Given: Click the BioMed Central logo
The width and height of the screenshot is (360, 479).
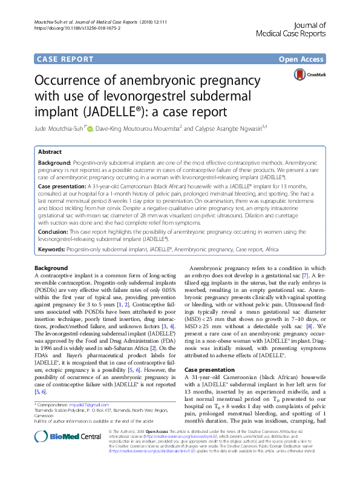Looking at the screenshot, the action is click(58, 455).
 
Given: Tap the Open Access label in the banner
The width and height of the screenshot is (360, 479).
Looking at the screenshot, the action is click(302, 59).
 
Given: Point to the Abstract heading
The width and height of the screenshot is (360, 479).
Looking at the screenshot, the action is click(50, 153).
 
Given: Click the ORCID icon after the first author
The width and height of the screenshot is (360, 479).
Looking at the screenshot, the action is click(91, 128).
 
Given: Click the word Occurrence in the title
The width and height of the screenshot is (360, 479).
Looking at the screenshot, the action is click(74, 81).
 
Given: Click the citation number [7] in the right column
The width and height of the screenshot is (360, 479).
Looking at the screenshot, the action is click(315, 292).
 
